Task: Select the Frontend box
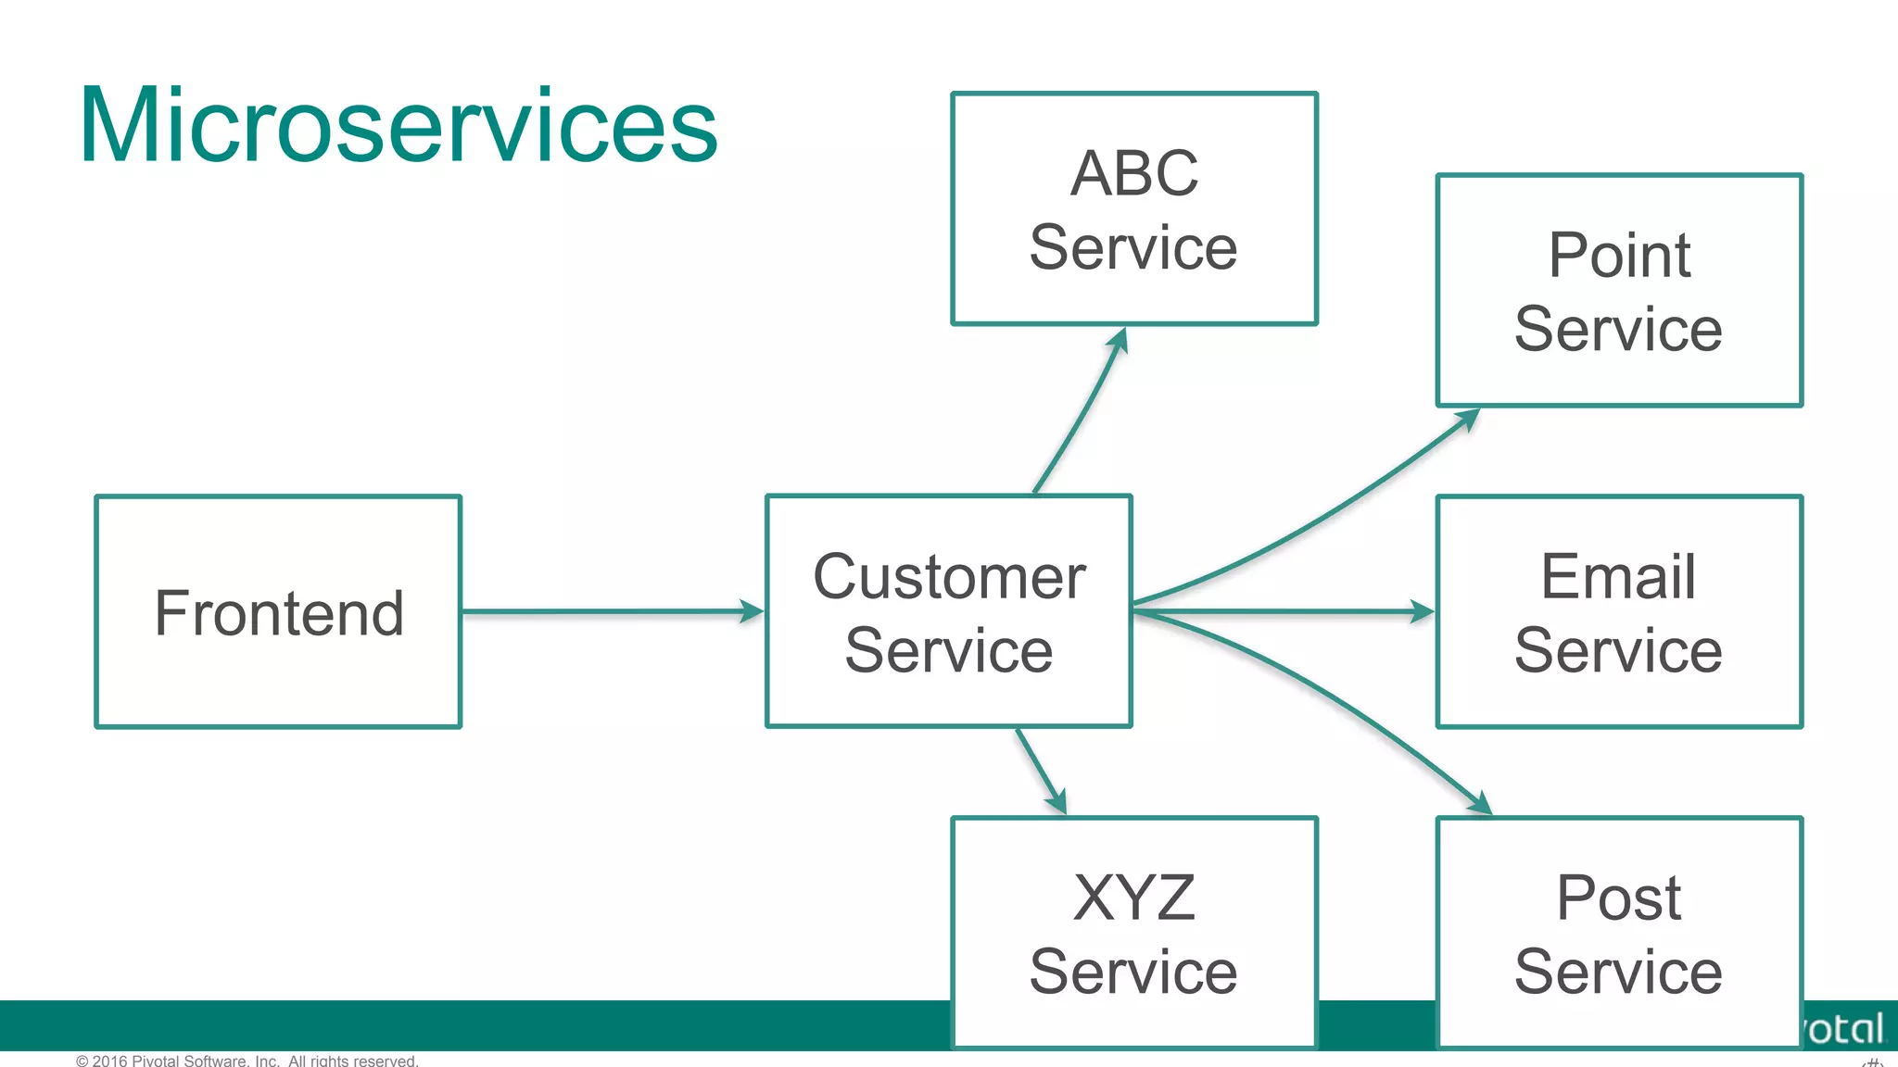coord(278,612)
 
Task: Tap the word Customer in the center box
coord(949,576)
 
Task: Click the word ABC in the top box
coord(1133,173)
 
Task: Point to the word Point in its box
coord(1619,255)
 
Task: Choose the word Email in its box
coord(1618,576)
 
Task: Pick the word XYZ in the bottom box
coord(1133,898)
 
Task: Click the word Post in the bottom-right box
coord(1618,898)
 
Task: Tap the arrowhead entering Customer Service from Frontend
coord(752,611)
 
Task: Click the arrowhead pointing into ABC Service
coord(1120,340)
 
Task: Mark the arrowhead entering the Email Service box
coord(1422,611)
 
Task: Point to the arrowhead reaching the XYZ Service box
coord(1057,801)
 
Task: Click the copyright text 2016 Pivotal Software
coord(247,1060)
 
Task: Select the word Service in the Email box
coord(1618,650)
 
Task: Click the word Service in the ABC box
coord(1133,248)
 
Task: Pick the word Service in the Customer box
coord(949,650)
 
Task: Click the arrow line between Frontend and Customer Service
coord(602,611)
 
